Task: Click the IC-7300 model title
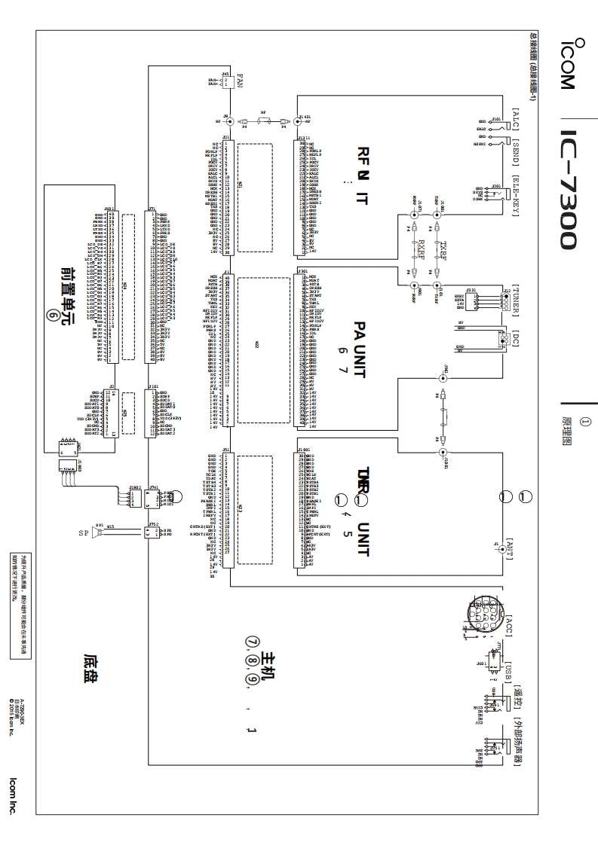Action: (567, 188)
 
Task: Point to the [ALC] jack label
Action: (517, 120)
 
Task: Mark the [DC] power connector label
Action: (517, 339)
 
